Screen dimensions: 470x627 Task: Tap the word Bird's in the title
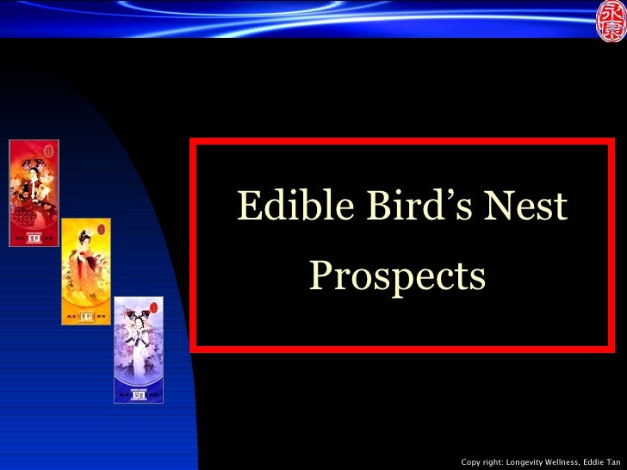coord(400,207)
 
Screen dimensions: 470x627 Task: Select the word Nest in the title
coord(525,207)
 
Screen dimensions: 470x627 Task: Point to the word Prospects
coord(397,277)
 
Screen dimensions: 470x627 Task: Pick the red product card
coord(34,193)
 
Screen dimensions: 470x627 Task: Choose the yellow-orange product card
coord(86,271)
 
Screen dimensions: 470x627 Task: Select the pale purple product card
coord(138,349)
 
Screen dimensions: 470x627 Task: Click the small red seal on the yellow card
coord(101,231)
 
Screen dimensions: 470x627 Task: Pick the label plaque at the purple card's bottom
coord(138,394)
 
